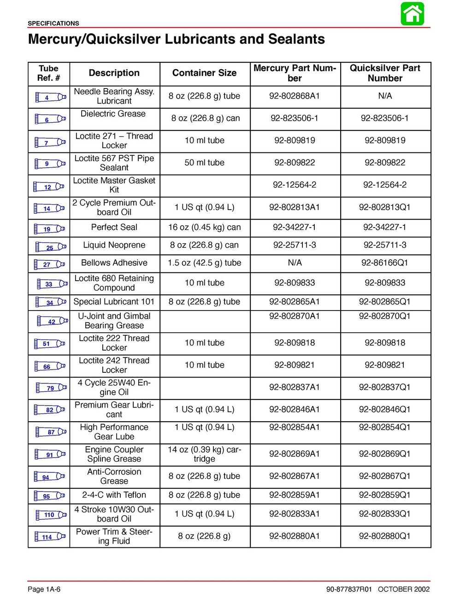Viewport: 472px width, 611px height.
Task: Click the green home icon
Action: [x=412, y=14]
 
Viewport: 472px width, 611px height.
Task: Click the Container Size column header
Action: [x=204, y=73]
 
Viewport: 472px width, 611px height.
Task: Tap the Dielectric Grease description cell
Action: [x=113, y=114]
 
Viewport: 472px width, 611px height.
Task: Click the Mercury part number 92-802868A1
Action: [x=295, y=96]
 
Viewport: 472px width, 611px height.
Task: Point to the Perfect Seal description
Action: [x=114, y=227]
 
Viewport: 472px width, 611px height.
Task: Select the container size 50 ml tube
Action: [x=204, y=163]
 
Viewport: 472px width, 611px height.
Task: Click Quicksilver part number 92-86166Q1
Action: [x=384, y=263]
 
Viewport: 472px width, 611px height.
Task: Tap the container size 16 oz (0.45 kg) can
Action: [x=204, y=227]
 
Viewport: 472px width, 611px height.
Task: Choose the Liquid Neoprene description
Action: [x=114, y=245]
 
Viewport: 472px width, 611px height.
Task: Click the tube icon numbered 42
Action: [x=52, y=322]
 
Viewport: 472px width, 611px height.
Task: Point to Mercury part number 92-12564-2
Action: [x=295, y=185]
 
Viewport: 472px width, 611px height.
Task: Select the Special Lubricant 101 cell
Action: [x=114, y=302]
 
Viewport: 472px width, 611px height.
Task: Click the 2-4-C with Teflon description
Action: [x=114, y=495]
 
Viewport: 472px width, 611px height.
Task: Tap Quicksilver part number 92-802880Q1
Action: [x=384, y=536]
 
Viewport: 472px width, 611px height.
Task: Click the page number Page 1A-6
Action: [x=44, y=589]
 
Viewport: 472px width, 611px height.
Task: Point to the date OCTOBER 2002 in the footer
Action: [x=403, y=589]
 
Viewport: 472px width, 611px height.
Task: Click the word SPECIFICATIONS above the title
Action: [x=53, y=23]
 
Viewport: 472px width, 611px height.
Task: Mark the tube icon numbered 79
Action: [x=50, y=388]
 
